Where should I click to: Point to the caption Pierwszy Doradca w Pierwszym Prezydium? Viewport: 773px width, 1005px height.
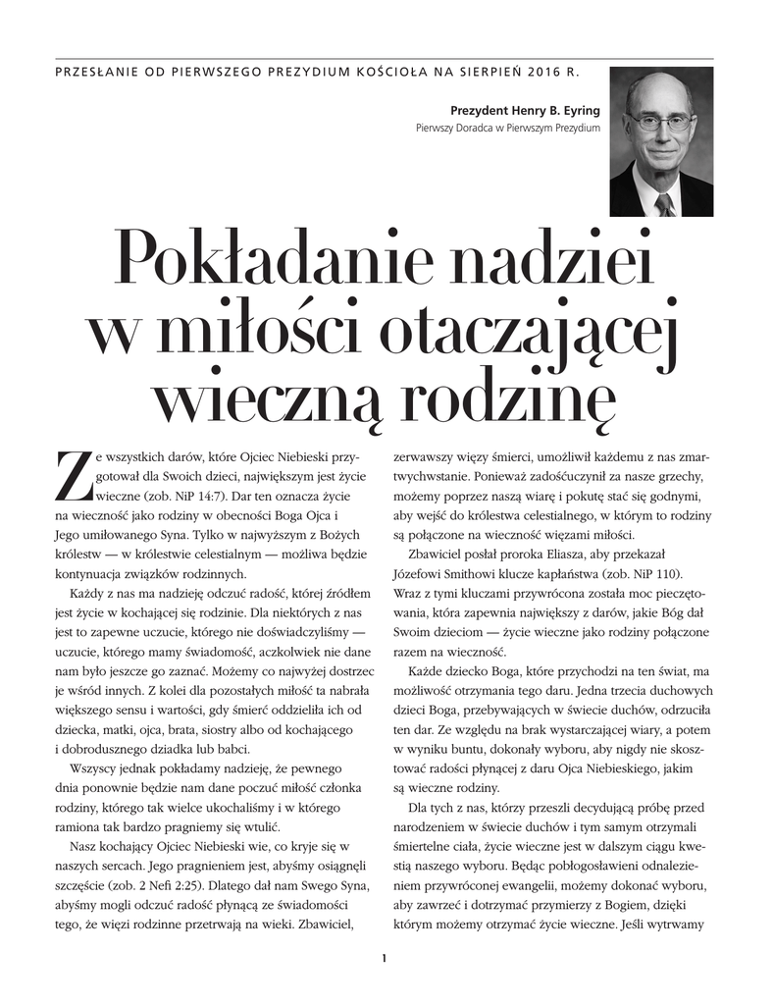tap(508, 128)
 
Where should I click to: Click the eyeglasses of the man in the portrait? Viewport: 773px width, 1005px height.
tap(659, 123)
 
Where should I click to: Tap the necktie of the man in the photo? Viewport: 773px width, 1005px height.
tap(664, 203)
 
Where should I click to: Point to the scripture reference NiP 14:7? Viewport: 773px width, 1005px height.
tap(179, 496)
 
